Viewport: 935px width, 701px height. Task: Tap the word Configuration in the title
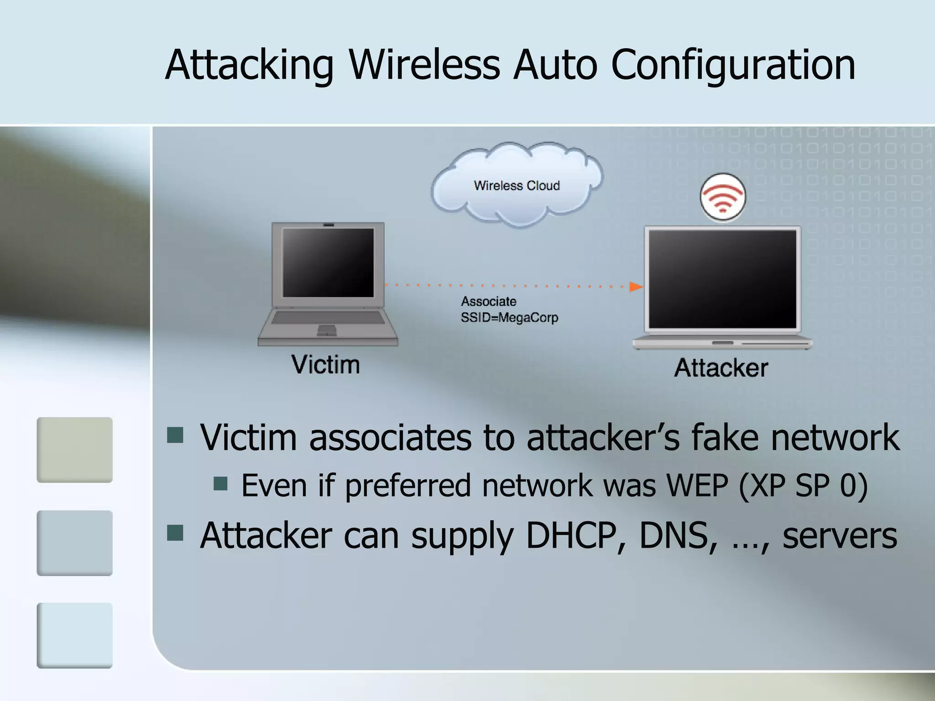733,66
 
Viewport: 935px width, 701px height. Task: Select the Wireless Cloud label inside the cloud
517,186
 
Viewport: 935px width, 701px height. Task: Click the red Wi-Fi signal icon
722,197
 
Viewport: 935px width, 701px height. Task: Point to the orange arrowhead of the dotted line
636,287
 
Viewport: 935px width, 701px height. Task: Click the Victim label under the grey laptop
326,365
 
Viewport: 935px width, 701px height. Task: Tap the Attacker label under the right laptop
721,368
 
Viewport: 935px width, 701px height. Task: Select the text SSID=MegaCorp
510,318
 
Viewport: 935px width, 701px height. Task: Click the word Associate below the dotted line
489,301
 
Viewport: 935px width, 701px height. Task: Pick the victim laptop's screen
328,262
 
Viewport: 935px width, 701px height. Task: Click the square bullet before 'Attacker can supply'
175,533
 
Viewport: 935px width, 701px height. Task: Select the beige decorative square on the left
74,450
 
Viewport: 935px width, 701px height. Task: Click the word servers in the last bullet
840,536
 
